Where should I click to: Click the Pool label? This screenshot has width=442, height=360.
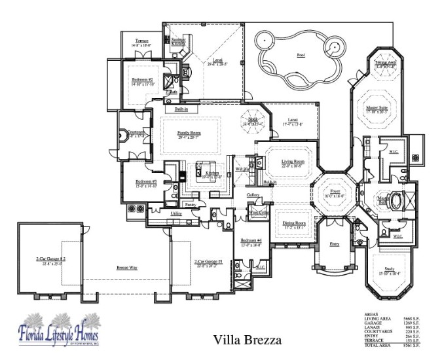coord(301,55)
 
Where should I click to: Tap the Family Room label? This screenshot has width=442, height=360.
coord(189,133)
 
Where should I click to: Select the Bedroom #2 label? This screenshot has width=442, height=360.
coord(142,79)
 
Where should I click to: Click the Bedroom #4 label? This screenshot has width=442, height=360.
coord(251,240)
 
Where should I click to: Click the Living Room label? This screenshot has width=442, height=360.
coord(293,161)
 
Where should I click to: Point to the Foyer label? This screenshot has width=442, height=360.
coord(336,192)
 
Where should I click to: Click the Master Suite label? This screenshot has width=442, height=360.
coord(377,109)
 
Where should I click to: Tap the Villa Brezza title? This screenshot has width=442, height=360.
coord(248,340)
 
